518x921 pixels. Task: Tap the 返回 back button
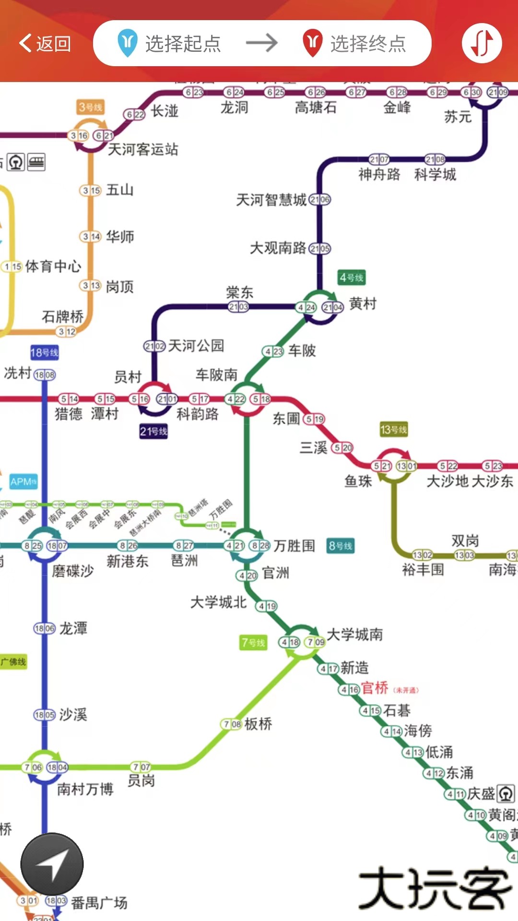tap(45, 44)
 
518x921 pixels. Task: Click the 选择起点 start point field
tap(170, 44)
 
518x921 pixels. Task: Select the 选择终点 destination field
tap(355, 44)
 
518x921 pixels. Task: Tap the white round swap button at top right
tap(482, 43)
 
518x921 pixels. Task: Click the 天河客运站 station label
tap(143, 149)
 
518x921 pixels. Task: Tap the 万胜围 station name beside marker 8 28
tap(294, 545)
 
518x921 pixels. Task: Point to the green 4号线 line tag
tap(352, 278)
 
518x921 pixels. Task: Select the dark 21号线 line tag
tap(153, 431)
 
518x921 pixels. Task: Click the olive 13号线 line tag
tap(393, 429)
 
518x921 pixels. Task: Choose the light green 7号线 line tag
tap(253, 643)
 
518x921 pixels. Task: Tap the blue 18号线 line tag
tap(44, 353)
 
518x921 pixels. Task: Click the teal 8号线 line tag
tap(341, 545)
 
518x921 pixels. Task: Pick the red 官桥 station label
tap(375, 688)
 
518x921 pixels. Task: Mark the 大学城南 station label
tap(355, 635)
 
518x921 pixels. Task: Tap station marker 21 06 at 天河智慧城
tap(320, 200)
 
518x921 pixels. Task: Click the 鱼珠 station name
tap(358, 481)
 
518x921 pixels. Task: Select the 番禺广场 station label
tap(99, 903)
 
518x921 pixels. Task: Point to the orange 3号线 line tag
tap(91, 107)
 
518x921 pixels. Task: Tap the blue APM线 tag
tap(24, 482)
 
